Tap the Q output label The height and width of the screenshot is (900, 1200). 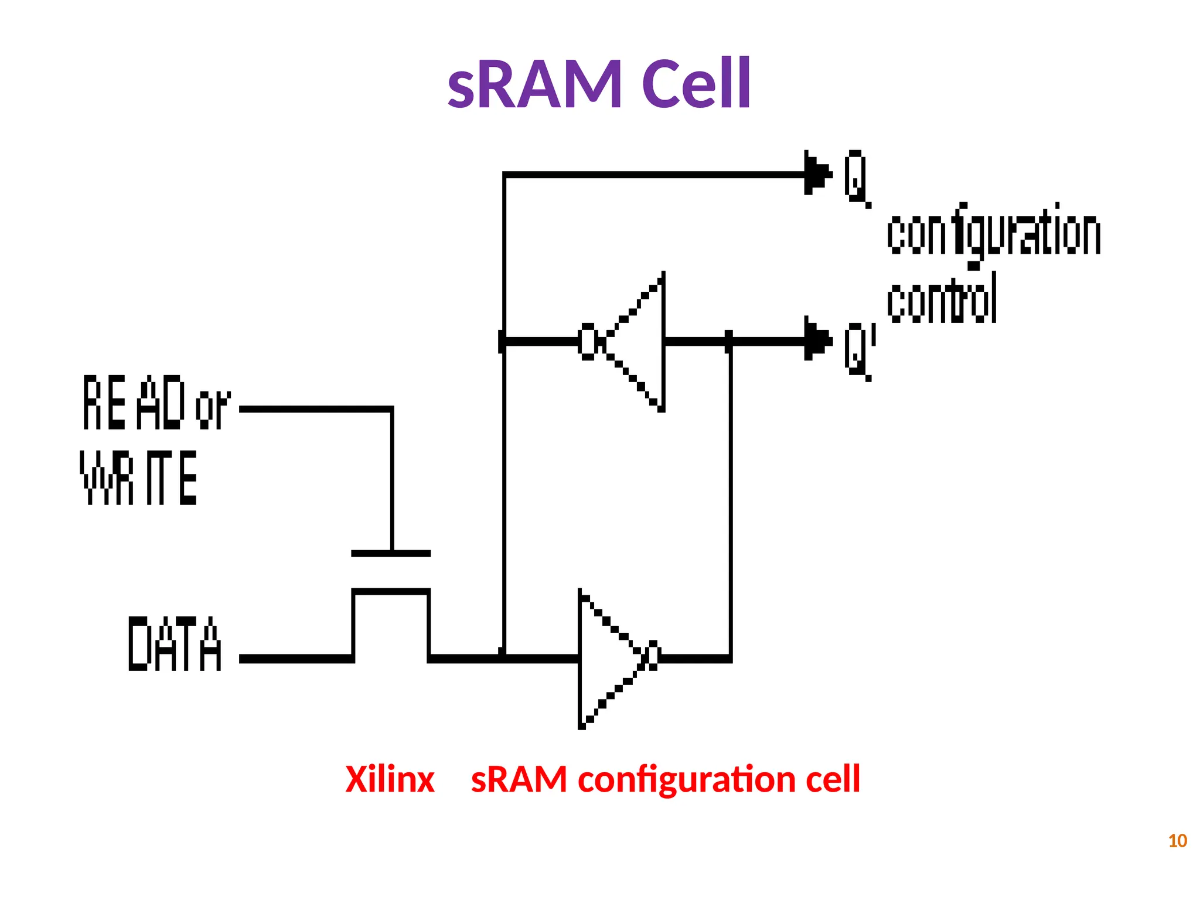[x=856, y=176]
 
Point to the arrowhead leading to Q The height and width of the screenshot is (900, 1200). [x=817, y=173]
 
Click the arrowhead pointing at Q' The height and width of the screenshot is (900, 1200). [x=817, y=339]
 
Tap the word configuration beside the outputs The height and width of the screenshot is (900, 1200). [x=993, y=234]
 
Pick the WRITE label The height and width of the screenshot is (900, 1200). [x=138, y=478]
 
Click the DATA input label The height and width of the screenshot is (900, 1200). [x=175, y=644]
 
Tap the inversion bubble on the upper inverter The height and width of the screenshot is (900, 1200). [x=587, y=341]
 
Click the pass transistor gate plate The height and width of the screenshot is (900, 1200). [x=391, y=553]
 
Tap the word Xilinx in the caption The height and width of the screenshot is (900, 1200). [x=390, y=780]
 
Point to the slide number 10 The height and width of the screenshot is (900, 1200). [x=1177, y=841]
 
